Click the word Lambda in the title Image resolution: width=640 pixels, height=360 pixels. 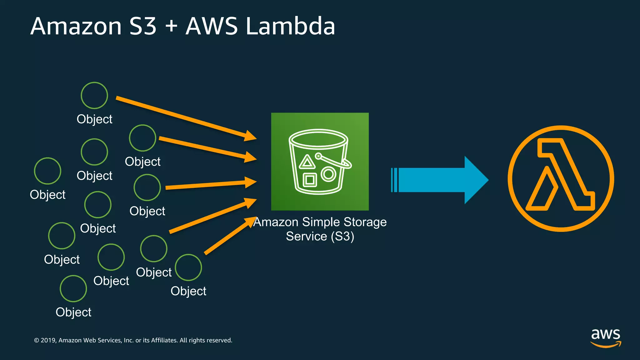290,26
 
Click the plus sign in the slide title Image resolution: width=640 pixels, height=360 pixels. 171,26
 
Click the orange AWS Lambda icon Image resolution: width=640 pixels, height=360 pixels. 561,178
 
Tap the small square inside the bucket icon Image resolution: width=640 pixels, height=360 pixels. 310,180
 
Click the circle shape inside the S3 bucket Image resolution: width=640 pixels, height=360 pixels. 328,174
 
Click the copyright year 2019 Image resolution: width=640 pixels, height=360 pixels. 48,340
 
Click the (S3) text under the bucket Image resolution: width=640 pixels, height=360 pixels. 342,236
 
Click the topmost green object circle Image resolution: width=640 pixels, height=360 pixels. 94,95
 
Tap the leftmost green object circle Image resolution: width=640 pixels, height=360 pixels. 47,171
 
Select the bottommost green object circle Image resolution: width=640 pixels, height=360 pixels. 73,288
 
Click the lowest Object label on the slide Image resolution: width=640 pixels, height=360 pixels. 73,312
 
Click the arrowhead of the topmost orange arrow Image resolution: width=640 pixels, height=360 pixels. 250,136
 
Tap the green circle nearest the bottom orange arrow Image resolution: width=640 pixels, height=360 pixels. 188,267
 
